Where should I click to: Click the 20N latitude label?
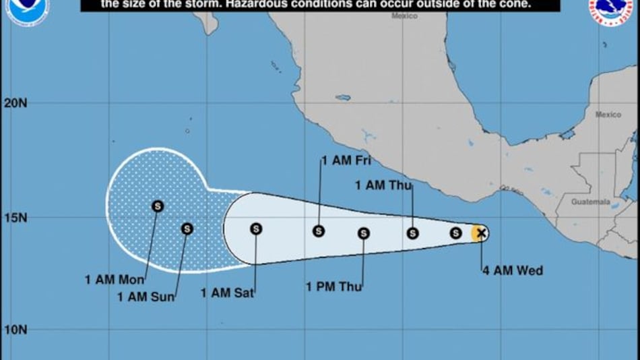coord(15,103)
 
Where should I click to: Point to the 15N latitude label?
coord(15,218)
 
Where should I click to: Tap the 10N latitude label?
coord(15,330)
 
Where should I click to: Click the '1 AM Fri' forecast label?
coord(346,160)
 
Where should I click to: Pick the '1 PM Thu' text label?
coord(334,287)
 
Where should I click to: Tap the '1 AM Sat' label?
coord(227,293)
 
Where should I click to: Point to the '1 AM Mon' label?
coord(110,278)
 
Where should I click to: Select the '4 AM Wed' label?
coord(513,271)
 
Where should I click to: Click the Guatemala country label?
coord(589,202)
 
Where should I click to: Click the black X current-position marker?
coord(480,233)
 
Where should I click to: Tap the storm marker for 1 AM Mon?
coord(158,206)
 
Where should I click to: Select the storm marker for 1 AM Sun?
coord(187,229)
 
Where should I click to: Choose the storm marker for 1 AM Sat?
coord(256,229)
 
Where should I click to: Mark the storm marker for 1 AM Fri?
coord(319,231)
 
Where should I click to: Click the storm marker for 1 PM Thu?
coord(364,233)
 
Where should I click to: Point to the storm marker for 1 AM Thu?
coord(412,233)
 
